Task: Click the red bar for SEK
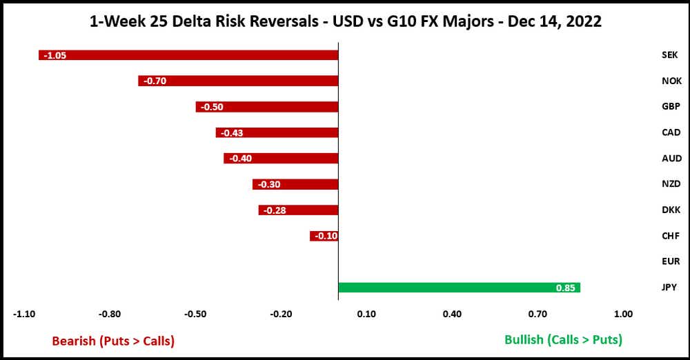click(x=188, y=55)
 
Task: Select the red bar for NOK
click(x=238, y=81)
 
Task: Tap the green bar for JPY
click(x=459, y=288)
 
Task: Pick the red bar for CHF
click(x=324, y=236)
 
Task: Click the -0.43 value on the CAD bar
click(x=231, y=132)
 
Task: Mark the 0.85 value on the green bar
click(x=566, y=288)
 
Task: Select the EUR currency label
click(x=671, y=261)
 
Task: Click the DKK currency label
click(x=671, y=210)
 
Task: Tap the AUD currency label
click(x=671, y=158)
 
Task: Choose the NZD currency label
click(x=671, y=184)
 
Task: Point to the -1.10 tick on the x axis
click(x=24, y=314)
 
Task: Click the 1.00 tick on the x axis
click(x=623, y=314)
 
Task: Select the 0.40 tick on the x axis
click(x=452, y=314)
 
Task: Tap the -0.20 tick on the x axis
click(x=281, y=314)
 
